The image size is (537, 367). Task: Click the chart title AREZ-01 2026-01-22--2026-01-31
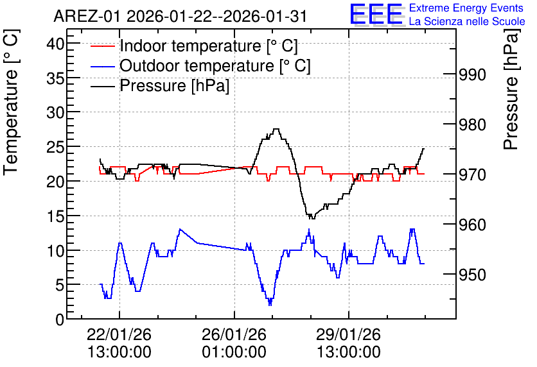(180, 17)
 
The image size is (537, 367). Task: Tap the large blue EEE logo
(376, 14)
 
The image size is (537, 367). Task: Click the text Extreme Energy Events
(466, 8)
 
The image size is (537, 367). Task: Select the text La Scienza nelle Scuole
(467, 21)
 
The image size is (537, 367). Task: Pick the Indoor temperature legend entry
(194, 46)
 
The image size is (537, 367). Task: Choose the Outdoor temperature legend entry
(200, 65)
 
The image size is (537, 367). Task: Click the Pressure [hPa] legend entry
(160, 85)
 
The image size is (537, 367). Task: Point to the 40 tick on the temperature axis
(55, 44)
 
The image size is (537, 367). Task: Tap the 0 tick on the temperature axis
(60, 320)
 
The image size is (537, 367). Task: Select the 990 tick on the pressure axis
(472, 74)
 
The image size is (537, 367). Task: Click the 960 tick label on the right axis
(472, 225)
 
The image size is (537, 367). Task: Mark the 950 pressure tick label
(472, 275)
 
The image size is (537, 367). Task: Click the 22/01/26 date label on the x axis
(119, 334)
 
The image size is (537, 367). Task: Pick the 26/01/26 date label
(234, 334)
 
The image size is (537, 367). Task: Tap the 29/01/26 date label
(348, 334)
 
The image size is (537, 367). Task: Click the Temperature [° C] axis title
(11, 103)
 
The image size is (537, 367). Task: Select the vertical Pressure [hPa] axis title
(511, 89)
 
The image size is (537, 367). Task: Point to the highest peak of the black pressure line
(276, 129)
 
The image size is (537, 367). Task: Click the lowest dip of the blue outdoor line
(270, 304)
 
